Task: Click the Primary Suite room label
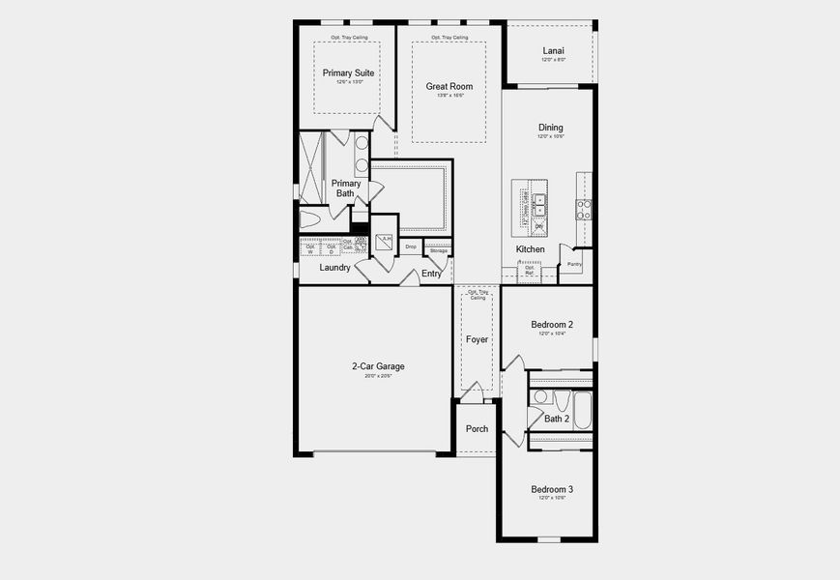point(349,72)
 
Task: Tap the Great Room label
point(449,86)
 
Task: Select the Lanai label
point(553,50)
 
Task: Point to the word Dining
point(551,127)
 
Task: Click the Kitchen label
point(530,249)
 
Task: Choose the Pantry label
point(574,263)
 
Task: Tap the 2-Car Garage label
point(378,366)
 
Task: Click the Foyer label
point(478,339)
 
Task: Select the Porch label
point(477,428)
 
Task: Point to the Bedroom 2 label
point(552,324)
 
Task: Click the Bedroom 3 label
point(552,489)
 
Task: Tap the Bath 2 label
point(557,419)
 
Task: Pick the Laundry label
point(334,268)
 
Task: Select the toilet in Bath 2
point(540,396)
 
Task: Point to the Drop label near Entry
point(411,247)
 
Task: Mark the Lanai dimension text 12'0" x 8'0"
point(553,60)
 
